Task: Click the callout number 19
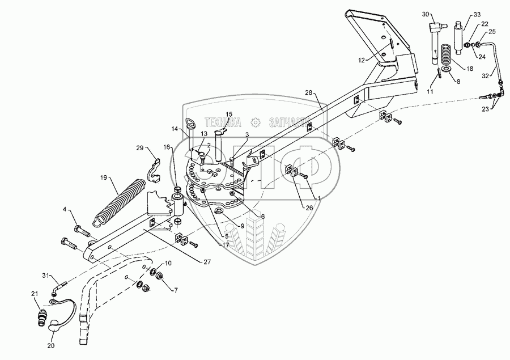point(103,177)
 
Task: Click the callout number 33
point(476,14)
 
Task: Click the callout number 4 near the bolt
point(66,210)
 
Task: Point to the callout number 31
point(46,276)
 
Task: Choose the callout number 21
point(35,293)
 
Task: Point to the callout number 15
point(229,114)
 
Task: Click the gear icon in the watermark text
point(256,121)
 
